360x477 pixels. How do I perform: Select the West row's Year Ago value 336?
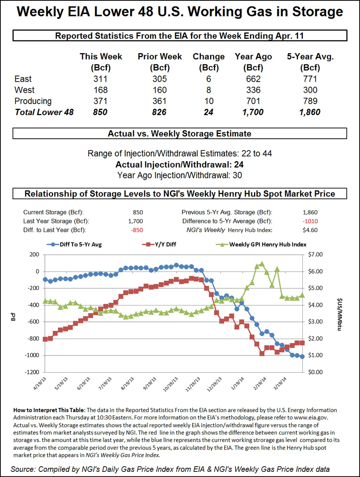point(254,90)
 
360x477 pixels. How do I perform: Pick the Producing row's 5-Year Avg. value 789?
point(310,101)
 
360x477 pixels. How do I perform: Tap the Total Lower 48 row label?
point(44,112)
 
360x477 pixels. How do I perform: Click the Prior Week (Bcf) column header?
point(160,62)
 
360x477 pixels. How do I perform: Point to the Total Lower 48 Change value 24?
point(208,112)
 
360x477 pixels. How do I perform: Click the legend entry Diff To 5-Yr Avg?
point(74,244)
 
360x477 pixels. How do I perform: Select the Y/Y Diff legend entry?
point(160,244)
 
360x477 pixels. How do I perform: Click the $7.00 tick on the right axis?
point(315,255)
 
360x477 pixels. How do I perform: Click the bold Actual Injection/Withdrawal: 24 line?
point(180,164)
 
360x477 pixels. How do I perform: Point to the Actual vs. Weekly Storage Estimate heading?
point(180,133)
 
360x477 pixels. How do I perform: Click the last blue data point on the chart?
point(302,357)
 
